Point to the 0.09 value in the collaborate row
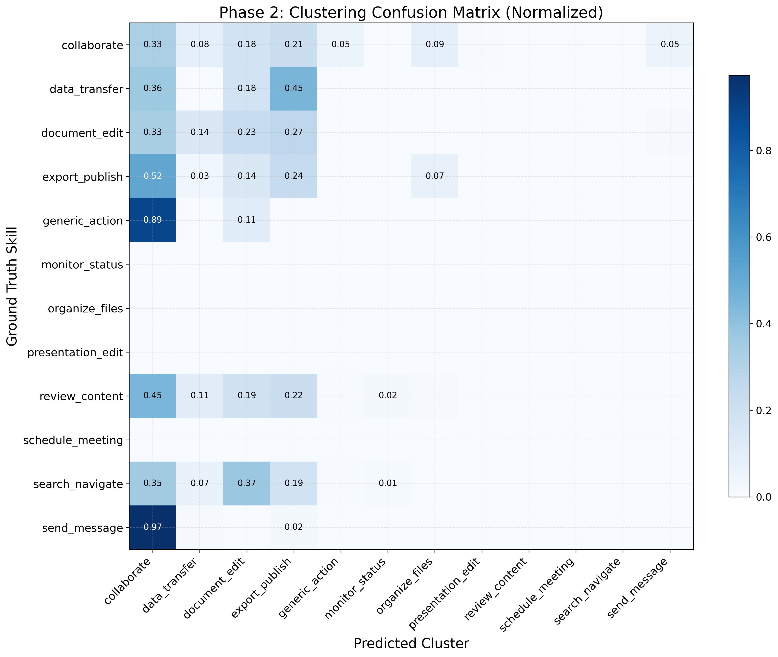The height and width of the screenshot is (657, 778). [435, 44]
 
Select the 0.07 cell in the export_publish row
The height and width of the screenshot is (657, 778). [435, 176]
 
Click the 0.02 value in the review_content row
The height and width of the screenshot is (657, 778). [388, 395]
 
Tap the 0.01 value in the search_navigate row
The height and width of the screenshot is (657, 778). [388, 483]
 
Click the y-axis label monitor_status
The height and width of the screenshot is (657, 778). [82, 265]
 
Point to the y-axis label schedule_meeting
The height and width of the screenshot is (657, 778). [73, 440]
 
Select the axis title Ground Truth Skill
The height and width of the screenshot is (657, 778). [12, 286]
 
